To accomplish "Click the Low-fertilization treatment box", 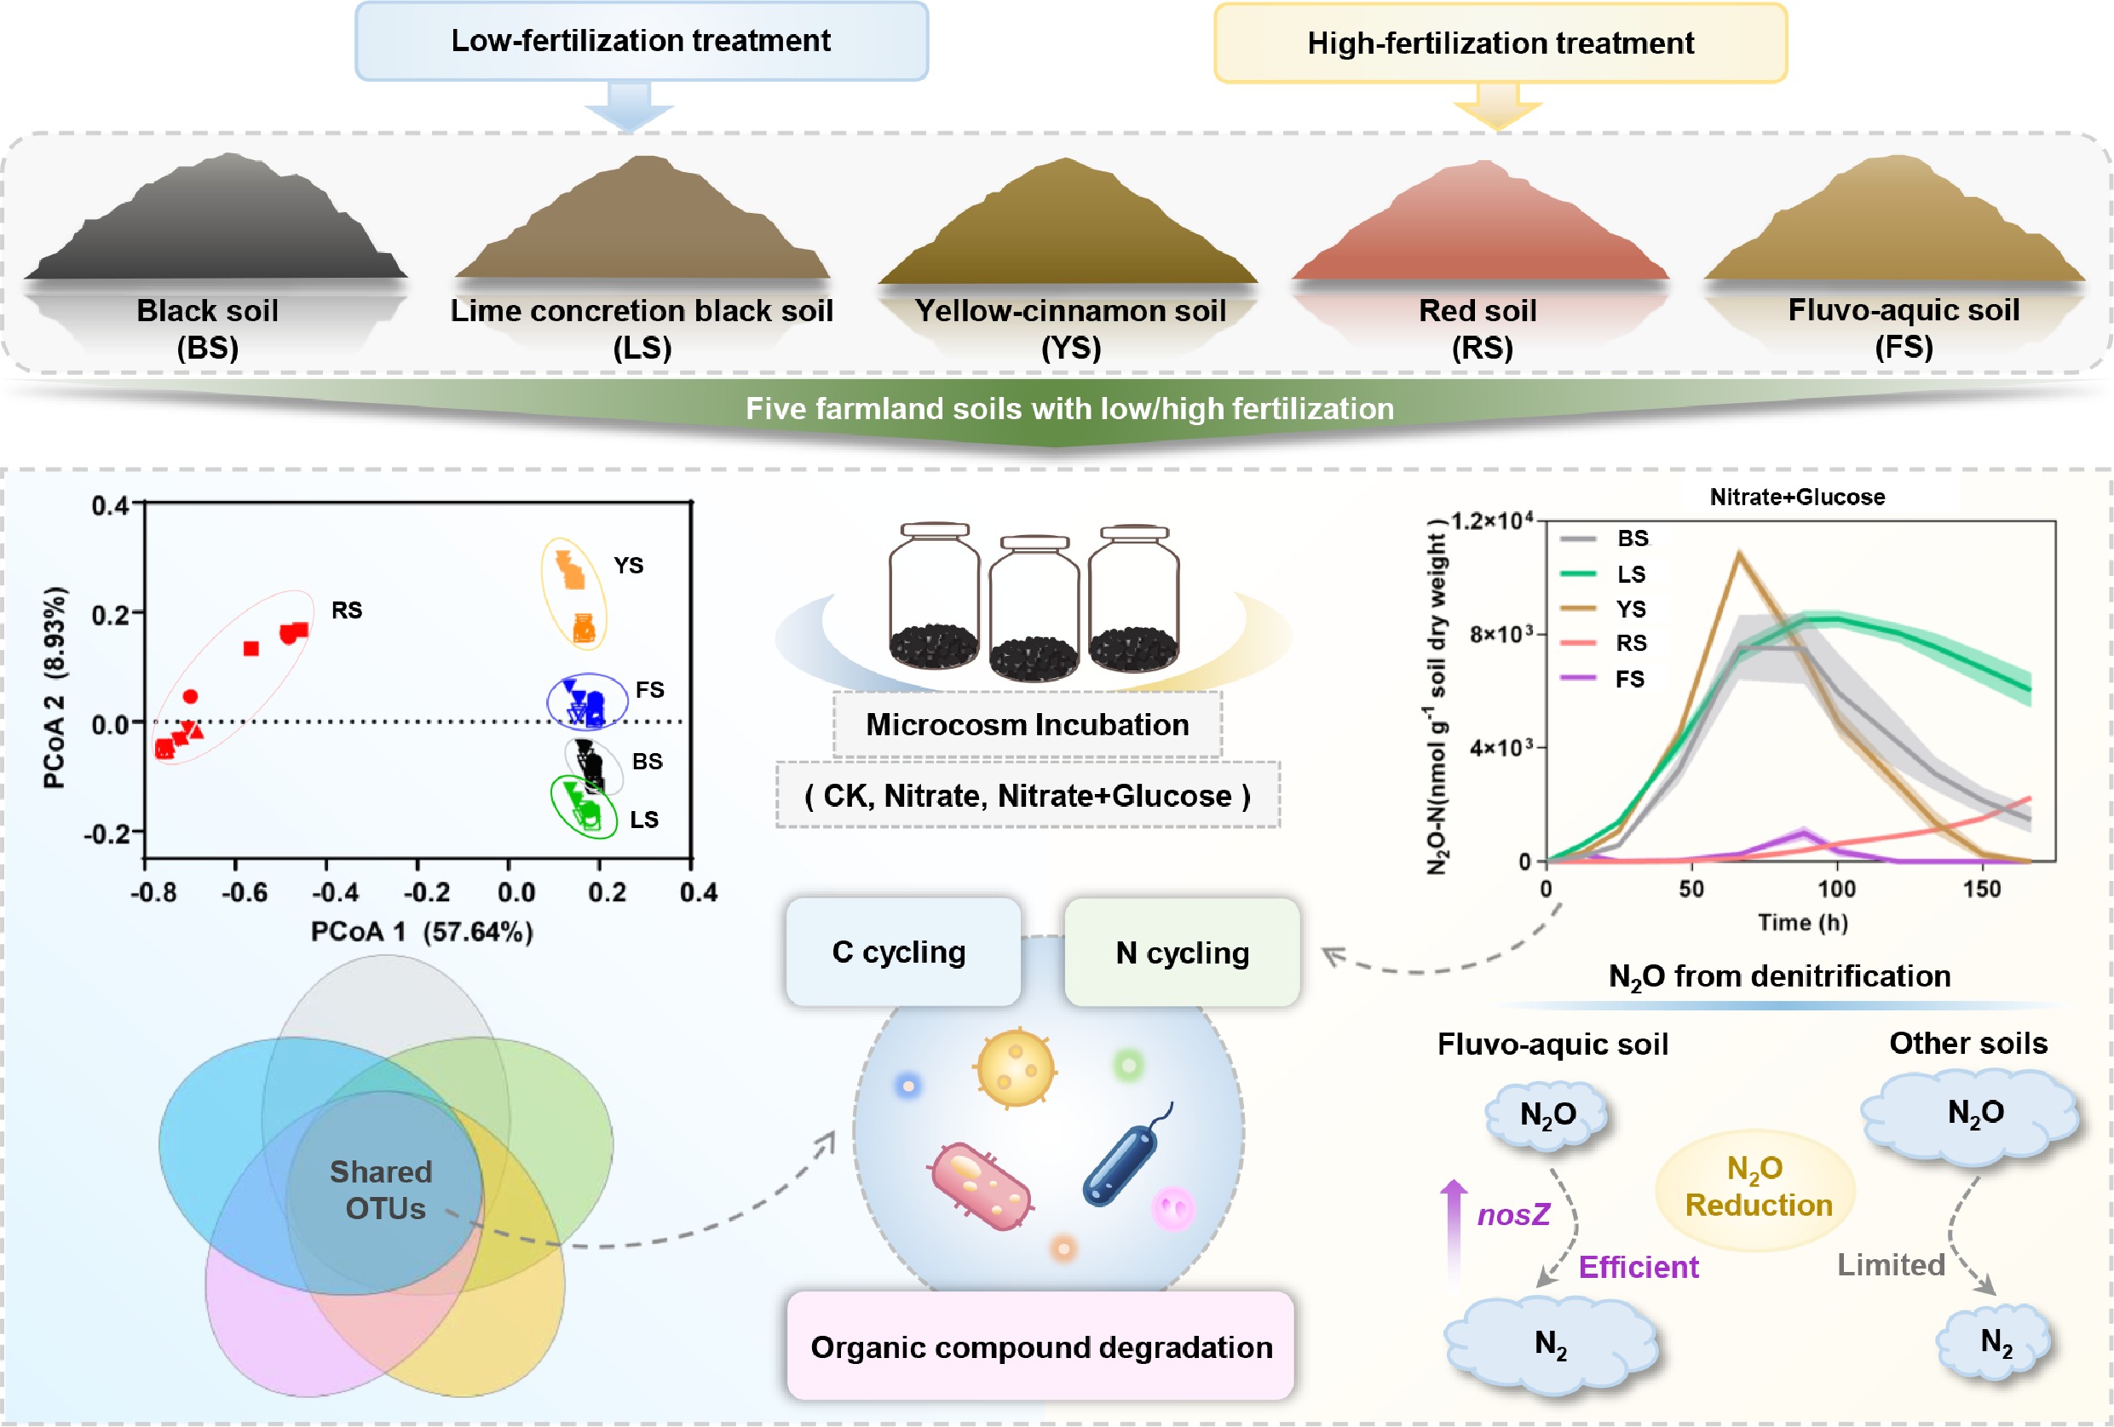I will click(642, 41).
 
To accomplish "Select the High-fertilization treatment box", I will click(1500, 43).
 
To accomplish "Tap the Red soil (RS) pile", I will click(1480, 227).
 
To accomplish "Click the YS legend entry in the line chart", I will click(1630, 608).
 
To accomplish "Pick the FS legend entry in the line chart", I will click(1629, 678).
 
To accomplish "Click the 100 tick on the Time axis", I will click(1835, 889).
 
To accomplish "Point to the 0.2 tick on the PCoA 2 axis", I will click(111, 615).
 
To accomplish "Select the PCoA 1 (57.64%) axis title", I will click(421, 931).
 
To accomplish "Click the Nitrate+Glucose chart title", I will click(1796, 497).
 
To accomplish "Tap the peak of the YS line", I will click(1738, 553).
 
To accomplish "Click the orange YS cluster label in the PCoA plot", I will click(628, 566).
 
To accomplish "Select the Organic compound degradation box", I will click(1040, 1347).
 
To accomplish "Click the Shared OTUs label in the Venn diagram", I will click(382, 1189).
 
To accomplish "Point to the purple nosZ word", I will click(1512, 1214).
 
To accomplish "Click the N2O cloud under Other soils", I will click(1975, 1113).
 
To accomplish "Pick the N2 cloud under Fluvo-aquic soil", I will click(1551, 1344).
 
